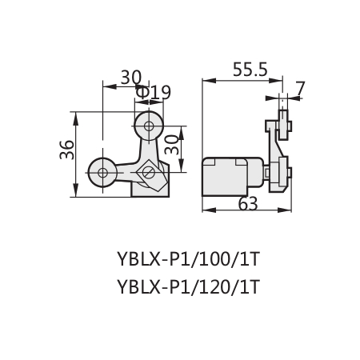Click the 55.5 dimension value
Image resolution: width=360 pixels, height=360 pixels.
click(x=250, y=70)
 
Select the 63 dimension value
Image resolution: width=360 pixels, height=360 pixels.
click(x=248, y=204)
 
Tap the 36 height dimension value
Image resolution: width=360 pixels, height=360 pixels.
click(x=66, y=150)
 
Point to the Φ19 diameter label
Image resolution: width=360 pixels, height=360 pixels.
click(x=153, y=92)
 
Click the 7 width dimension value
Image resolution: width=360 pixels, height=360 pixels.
click(x=300, y=89)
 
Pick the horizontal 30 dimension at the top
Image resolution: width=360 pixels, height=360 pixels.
click(x=130, y=78)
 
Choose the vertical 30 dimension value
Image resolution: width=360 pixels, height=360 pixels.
click(x=171, y=145)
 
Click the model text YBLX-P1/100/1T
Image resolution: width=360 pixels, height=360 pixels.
click(x=188, y=259)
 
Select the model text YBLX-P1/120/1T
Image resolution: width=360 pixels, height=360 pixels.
click(x=188, y=287)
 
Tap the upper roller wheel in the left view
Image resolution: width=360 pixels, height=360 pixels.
click(x=149, y=126)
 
